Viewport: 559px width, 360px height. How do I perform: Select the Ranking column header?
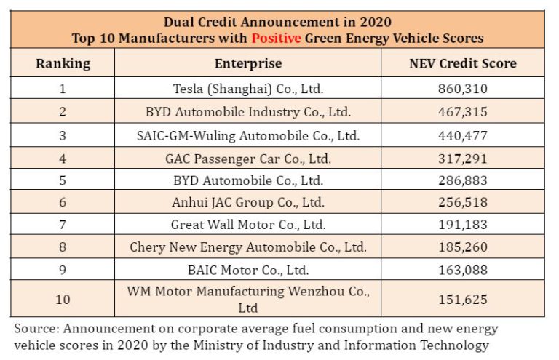(x=63, y=63)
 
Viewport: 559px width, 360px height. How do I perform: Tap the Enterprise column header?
(x=247, y=63)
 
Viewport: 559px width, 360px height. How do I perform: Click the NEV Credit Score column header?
(x=462, y=63)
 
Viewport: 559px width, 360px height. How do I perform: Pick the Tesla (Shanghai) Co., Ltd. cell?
(x=247, y=89)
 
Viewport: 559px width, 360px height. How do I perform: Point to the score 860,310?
(x=462, y=89)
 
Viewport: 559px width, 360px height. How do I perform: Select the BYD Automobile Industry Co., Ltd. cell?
(x=247, y=112)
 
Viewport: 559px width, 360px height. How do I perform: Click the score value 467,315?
(x=462, y=112)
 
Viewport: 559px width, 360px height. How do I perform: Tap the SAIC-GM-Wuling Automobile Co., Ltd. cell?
(x=247, y=135)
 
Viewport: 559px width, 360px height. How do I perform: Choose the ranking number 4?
(x=63, y=158)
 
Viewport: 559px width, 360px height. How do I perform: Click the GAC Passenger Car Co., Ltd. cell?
(x=247, y=158)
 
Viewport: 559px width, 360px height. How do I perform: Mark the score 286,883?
(x=462, y=180)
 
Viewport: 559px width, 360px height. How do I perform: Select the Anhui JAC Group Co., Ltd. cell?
(x=247, y=202)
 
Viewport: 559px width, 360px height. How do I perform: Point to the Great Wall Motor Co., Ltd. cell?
(x=247, y=225)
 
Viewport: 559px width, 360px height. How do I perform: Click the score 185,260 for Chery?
(x=462, y=247)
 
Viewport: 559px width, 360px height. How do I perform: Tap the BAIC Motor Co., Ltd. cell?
(x=247, y=270)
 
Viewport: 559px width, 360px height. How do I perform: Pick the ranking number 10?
(x=63, y=299)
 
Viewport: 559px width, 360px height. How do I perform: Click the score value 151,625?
(x=462, y=299)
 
